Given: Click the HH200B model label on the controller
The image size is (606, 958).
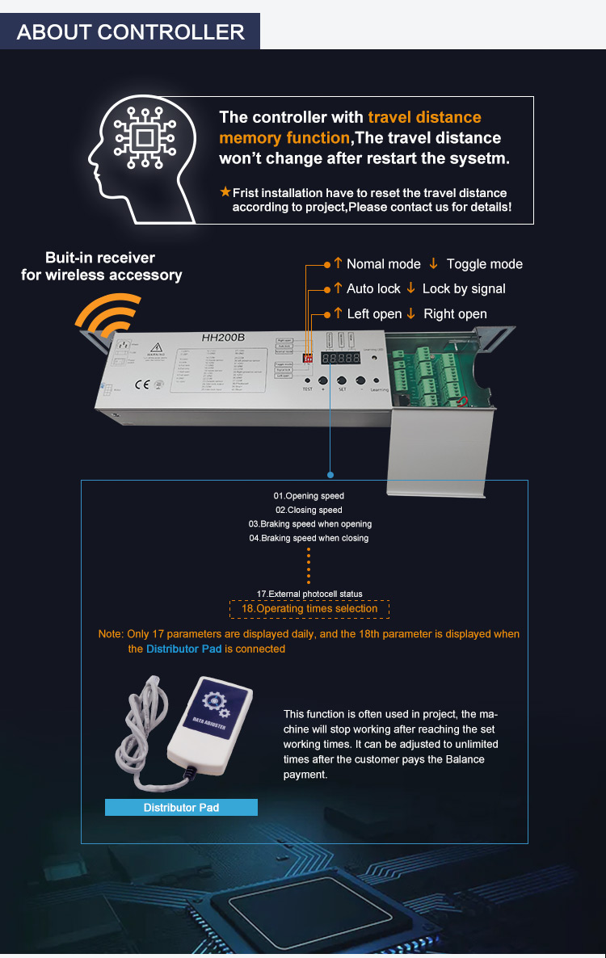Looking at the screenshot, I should pos(223,337).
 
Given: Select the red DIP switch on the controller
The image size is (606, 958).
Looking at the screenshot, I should pos(307,356).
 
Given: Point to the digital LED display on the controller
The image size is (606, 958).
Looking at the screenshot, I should pos(340,357).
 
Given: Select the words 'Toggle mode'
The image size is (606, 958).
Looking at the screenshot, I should pos(484,264).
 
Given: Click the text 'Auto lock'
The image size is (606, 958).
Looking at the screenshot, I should pos(373,289).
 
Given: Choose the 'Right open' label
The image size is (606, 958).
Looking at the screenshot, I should pos(455,314).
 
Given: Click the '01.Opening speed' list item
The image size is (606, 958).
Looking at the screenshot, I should pos(309,496).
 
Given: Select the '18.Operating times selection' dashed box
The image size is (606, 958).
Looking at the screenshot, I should pos(309,608).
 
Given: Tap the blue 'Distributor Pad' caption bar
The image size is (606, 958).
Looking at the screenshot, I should pos(181,807).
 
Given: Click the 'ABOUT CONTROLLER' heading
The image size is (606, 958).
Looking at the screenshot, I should pos(130,32).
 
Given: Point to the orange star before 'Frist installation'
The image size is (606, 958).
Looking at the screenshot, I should pos(225,192).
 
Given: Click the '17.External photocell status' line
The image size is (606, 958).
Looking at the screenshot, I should pos(309,594).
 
